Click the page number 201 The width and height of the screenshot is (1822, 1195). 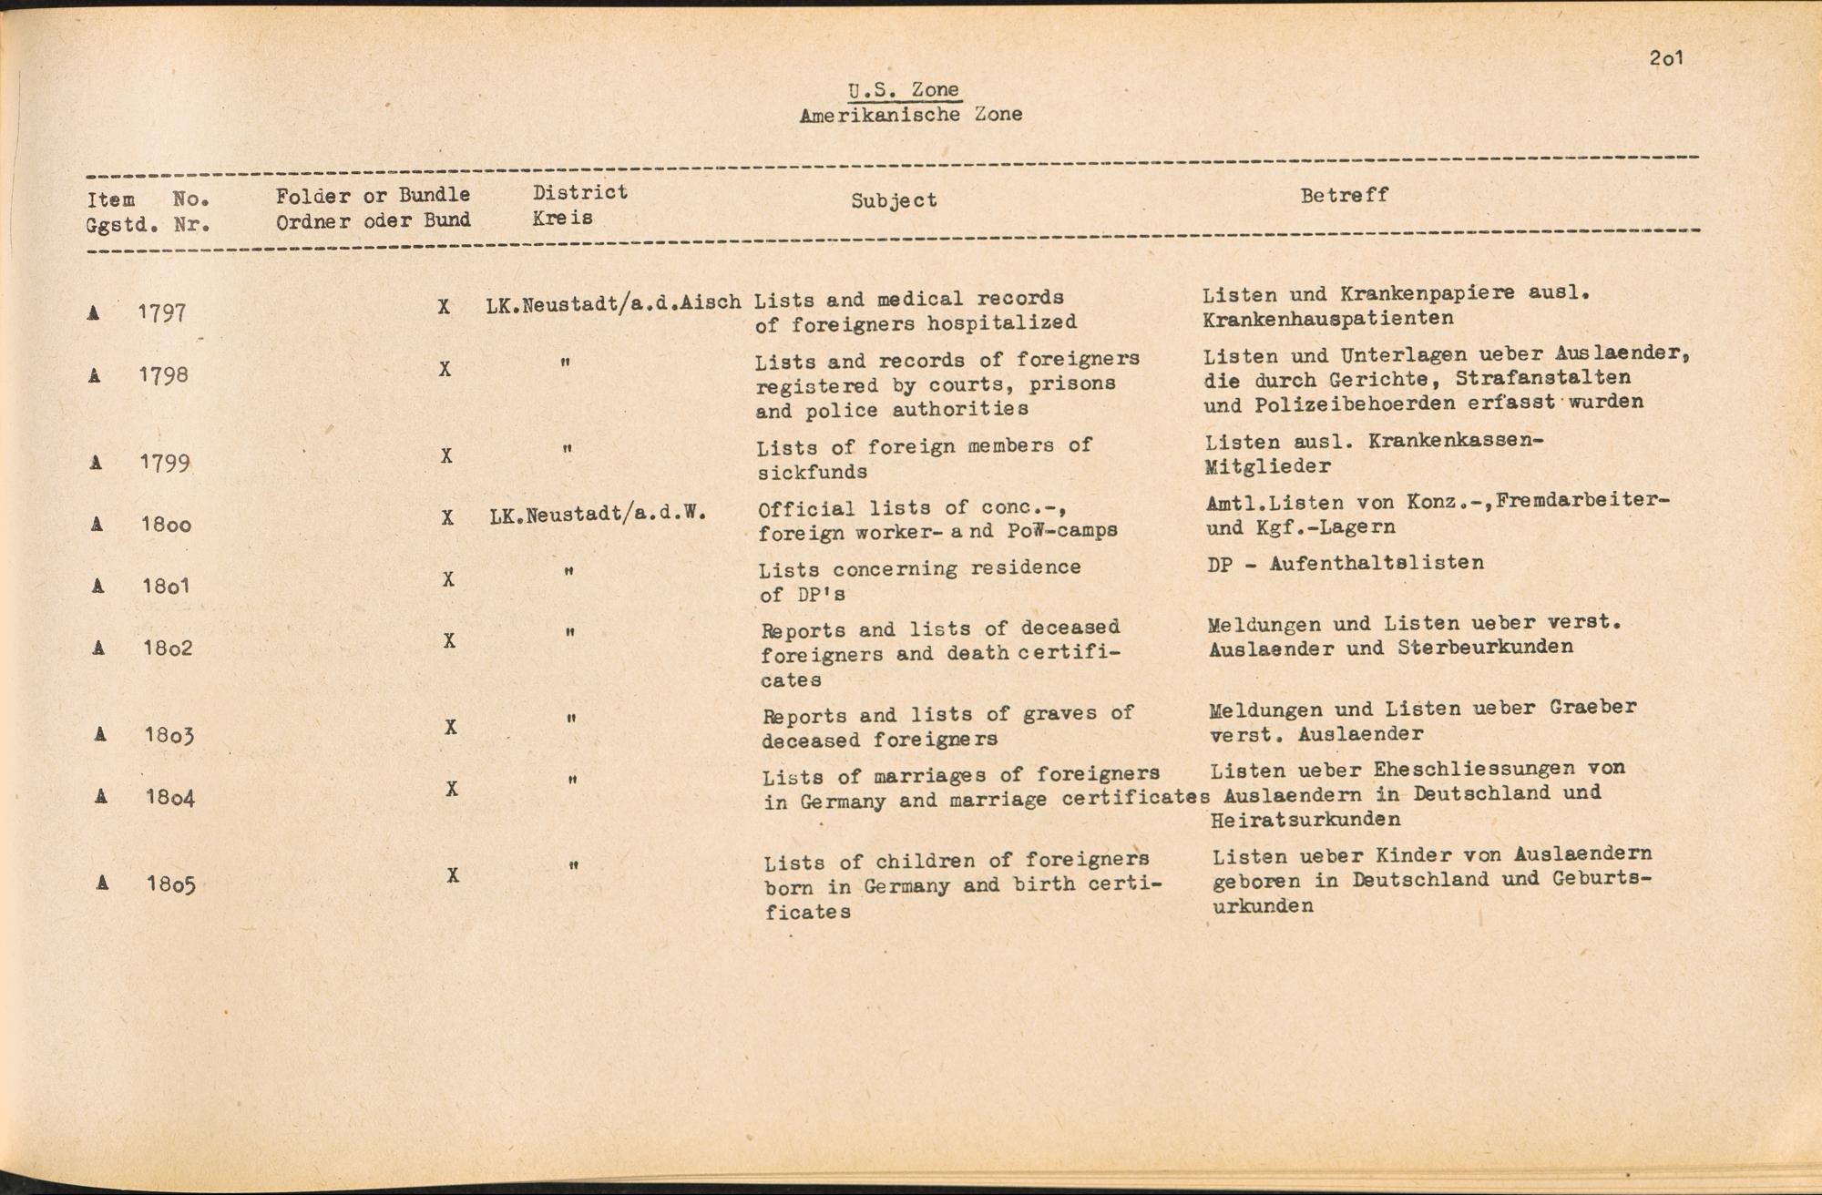point(1665,58)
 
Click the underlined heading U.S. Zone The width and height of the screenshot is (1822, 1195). point(903,89)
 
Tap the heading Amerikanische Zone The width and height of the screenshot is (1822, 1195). point(910,115)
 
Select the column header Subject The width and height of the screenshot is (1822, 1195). point(894,200)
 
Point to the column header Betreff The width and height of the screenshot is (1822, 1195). point(1344,195)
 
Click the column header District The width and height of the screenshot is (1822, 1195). point(579,192)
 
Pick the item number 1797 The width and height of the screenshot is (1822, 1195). point(162,312)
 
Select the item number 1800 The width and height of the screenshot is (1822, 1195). point(166,524)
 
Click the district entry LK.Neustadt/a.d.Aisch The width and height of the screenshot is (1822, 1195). point(613,303)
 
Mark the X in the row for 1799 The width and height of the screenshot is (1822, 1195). point(446,455)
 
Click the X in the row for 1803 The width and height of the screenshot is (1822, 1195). point(450,727)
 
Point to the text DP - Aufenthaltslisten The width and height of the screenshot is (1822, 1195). point(1346,563)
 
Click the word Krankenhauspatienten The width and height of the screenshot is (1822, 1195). point(1327,319)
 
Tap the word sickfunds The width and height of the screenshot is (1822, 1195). point(812,472)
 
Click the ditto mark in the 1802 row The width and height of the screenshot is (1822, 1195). point(569,631)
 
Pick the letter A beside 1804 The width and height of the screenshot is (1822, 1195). point(101,797)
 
